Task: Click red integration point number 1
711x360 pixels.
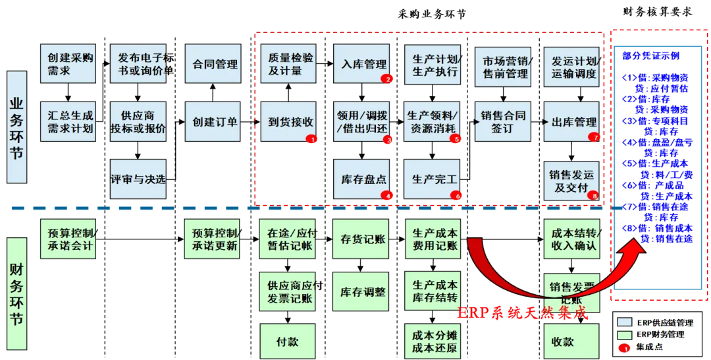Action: [x=312, y=138]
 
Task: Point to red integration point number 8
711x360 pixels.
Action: [x=594, y=195]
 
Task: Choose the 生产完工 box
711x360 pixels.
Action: [x=434, y=179]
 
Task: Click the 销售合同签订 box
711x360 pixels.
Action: [x=502, y=121]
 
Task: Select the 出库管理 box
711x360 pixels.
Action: [x=571, y=121]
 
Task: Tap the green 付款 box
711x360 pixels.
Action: [x=287, y=342]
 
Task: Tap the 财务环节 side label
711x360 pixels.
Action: [x=16, y=294]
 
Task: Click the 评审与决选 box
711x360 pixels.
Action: [x=138, y=179]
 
